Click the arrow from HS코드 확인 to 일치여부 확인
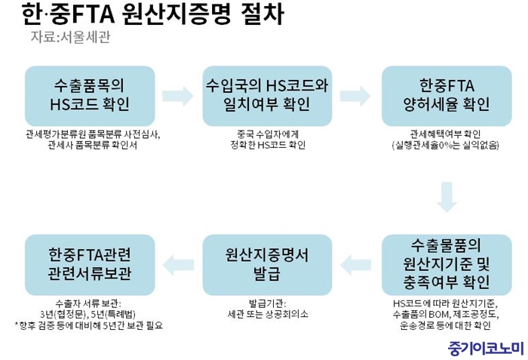click(x=178, y=95)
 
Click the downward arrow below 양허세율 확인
click(x=447, y=195)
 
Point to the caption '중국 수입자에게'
click(x=267, y=134)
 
